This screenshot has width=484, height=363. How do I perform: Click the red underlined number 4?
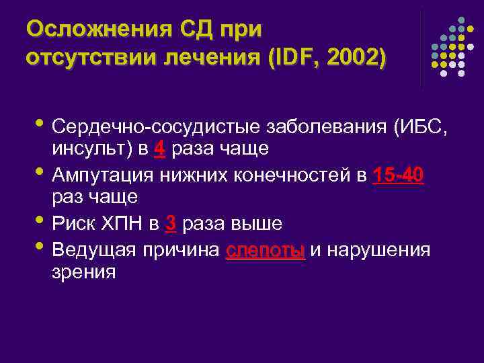[x=159, y=149]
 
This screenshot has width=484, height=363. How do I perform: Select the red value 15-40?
[x=398, y=175]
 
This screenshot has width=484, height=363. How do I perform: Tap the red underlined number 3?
[x=170, y=224]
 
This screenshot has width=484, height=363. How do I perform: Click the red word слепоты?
[x=266, y=251]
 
